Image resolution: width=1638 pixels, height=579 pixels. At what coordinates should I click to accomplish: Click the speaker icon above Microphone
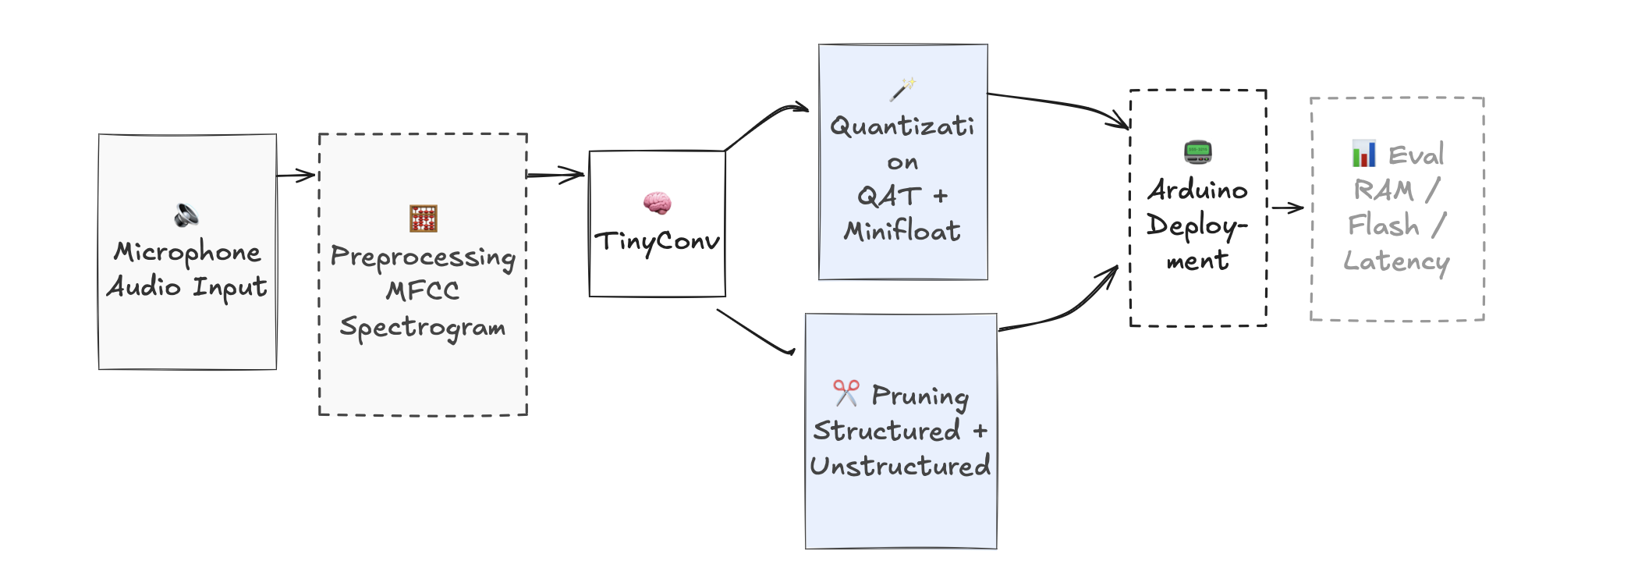[x=186, y=215]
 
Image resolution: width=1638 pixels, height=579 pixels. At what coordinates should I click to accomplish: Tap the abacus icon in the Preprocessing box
[x=424, y=218]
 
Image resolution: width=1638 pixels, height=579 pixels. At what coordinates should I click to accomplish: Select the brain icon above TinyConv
[x=657, y=203]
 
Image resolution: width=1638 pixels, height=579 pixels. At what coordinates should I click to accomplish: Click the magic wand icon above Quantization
[x=902, y=89]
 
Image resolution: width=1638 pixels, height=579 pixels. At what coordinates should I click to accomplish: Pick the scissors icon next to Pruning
[x=846, y=393]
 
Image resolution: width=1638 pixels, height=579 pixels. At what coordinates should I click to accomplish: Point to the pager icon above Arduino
[x=1197, y=151]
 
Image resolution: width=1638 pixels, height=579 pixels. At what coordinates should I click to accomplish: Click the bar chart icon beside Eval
[x=1363, y=154]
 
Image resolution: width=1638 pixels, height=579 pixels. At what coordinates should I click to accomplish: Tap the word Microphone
[x=187, y=252]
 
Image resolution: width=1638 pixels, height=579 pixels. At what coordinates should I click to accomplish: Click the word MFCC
[x=423, y=291]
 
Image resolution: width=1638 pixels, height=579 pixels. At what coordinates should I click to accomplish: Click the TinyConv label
[x=657, y=242]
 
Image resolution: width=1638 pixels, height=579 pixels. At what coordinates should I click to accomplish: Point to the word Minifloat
[x=902, y=231]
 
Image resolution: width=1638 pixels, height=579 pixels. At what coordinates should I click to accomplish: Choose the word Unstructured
[x=900, y=466]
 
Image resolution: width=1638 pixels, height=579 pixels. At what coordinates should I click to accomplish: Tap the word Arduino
[x=1197, y=190]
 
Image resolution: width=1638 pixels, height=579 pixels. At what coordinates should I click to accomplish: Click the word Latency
[x=1396, y=261]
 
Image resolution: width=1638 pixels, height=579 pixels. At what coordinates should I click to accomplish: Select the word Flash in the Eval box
[x=1384, y=226]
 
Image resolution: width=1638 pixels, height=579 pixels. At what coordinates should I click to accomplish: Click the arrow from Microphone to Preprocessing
[x=296, y=176]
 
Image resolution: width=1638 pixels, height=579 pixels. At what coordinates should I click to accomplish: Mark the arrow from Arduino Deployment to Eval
[x=1288, y=208]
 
